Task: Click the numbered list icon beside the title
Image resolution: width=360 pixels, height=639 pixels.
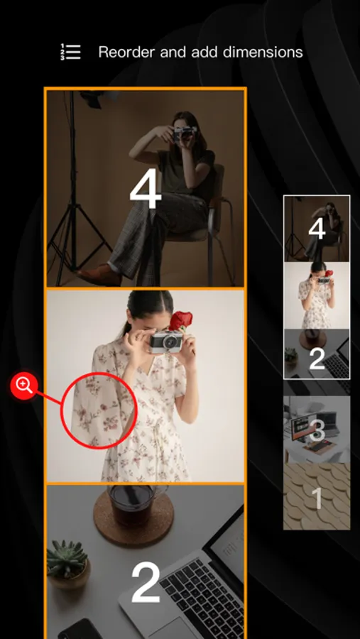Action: coord(70,52)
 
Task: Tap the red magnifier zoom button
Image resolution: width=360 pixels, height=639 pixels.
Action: coord(24,385)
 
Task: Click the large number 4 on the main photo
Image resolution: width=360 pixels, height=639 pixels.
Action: coord(145,188)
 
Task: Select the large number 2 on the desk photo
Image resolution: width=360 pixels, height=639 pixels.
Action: coord(146,582)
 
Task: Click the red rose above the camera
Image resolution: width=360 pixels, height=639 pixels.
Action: coord(180,321)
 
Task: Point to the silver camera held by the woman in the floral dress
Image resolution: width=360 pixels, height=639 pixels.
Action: coord(166,342)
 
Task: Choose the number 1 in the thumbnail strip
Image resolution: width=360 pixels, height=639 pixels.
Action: coord(317,498)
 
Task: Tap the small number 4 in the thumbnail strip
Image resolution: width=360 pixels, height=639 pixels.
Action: coord(317,229)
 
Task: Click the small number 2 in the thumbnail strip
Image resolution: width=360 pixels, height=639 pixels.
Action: coord(317,359)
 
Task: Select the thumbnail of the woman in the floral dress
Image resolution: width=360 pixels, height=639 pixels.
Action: coord(317,295)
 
